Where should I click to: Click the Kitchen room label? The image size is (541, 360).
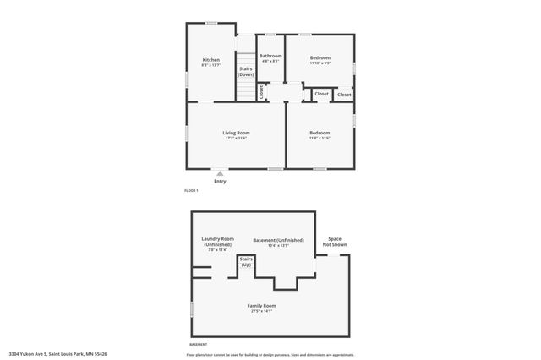click(211, 60)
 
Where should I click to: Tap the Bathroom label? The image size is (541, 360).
click(270, 56)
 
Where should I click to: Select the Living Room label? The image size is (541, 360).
click(237, 133)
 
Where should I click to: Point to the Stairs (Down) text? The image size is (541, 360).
click(245, 72)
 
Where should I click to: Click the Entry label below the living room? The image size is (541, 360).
click(220, 181)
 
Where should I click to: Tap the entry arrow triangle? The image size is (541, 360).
click(220, 173)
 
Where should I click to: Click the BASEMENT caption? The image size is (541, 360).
click(199, 345)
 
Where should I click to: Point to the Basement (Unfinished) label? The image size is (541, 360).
click(278, 242)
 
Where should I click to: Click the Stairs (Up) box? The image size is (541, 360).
click(246, 263)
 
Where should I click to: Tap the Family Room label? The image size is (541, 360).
click(262, 305)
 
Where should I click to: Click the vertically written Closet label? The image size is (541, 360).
click(261, 91)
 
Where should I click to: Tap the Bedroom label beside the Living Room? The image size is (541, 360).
click(320, 133)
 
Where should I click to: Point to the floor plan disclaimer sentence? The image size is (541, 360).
click(271, 354)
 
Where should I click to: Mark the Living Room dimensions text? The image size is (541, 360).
click(237, 139)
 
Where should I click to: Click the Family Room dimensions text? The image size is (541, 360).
click(262, 311)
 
